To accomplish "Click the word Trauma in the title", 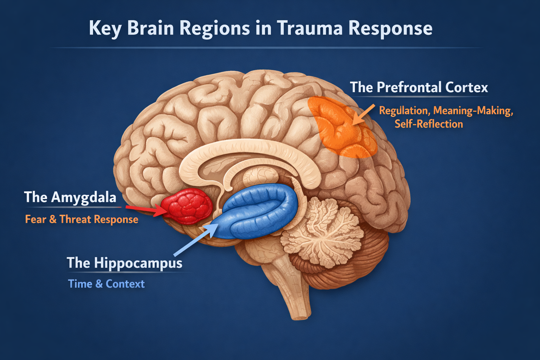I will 310,28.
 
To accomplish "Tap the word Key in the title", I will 105,28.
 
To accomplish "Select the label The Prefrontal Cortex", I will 419,87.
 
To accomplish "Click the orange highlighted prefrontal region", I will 343,128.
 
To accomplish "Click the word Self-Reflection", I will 429,124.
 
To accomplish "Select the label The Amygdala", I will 70,197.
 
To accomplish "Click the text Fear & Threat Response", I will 82,219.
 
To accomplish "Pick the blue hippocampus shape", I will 258,211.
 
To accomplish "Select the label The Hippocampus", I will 124,263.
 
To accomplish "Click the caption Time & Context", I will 106,284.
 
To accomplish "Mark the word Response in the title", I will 390,28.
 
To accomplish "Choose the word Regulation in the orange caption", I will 404,111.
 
